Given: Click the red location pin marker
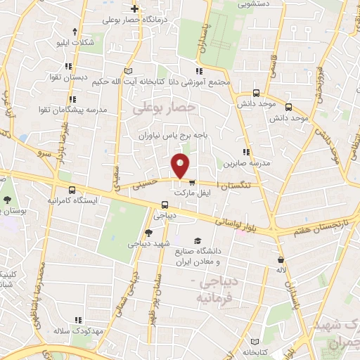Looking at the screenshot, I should point(181,165).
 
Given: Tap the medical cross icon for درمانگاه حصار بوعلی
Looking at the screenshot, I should point(134,9).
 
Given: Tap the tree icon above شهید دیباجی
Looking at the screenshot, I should point(148,233).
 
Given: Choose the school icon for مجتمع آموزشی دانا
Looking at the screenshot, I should point(200,71).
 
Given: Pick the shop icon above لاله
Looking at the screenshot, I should point(281,259).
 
